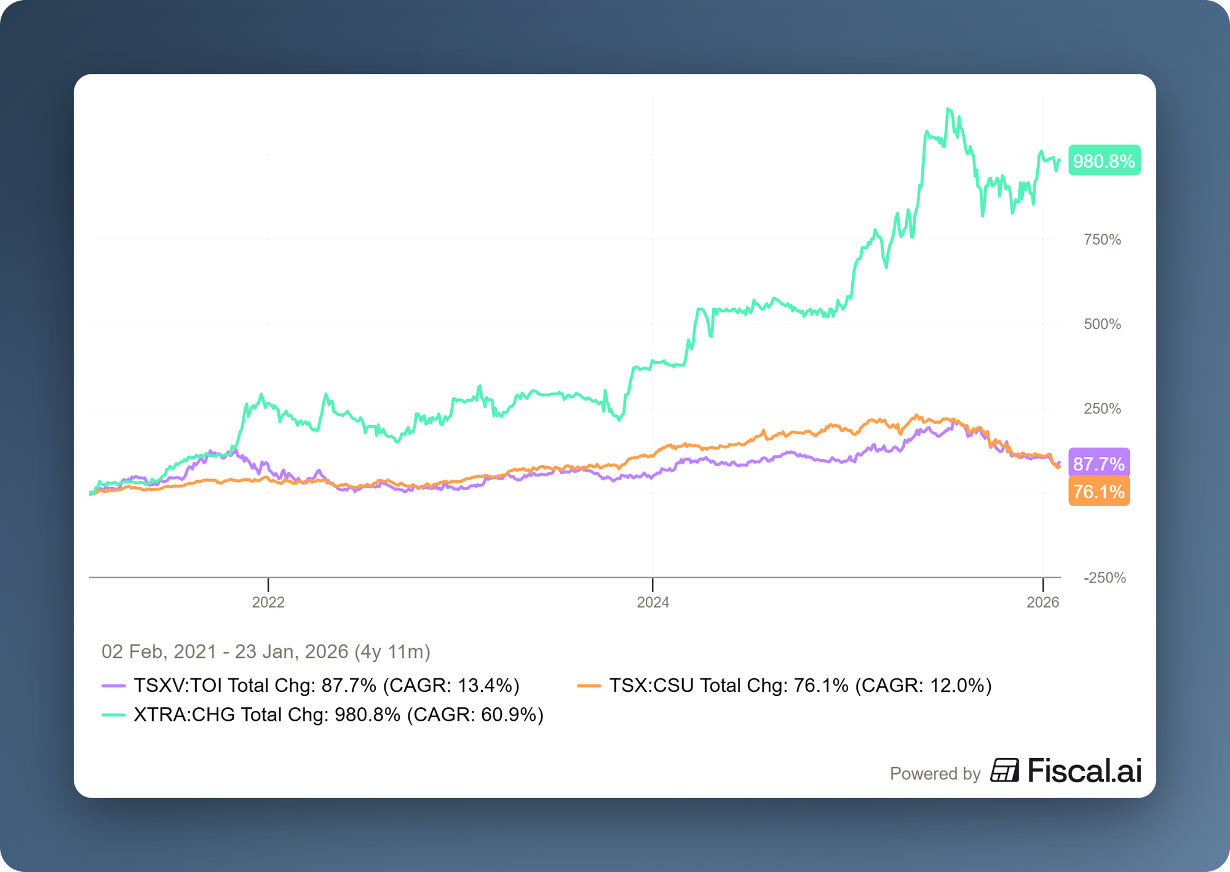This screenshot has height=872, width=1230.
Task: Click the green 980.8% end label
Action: click(1104, 161)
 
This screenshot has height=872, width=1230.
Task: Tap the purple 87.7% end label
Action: click(1098, 464)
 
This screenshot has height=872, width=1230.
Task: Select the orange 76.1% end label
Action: click(1098, 491)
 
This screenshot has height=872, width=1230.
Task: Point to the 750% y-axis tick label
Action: click(1102, 240)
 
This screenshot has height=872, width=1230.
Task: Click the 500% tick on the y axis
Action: click(1102, 324)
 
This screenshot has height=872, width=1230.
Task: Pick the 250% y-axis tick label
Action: click(1102, 408)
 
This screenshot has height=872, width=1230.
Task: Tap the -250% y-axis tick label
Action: click(1105, 577)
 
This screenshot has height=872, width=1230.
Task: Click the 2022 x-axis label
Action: click(268, 602)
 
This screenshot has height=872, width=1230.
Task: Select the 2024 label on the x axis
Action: click(653, 602)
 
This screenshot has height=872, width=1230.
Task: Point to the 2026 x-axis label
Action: click(1042, 602)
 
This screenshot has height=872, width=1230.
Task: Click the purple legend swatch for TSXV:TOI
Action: click(113, 685)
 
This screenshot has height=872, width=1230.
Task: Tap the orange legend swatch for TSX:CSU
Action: click(589, 685)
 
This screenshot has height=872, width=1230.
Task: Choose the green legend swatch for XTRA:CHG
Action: click(113, 715)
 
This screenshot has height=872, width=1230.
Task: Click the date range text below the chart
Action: click(266, 651)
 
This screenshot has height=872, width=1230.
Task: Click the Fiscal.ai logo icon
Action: click(1004, 771)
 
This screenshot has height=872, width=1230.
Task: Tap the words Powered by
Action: click(935, 774)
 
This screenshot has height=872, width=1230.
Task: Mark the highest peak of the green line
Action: click(948, 109)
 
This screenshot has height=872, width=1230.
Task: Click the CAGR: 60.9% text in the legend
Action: click(475, 715)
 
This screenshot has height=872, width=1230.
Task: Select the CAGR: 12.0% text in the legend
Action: click(923, 685)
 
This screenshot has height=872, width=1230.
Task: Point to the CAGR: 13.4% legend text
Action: click(451, 685)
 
